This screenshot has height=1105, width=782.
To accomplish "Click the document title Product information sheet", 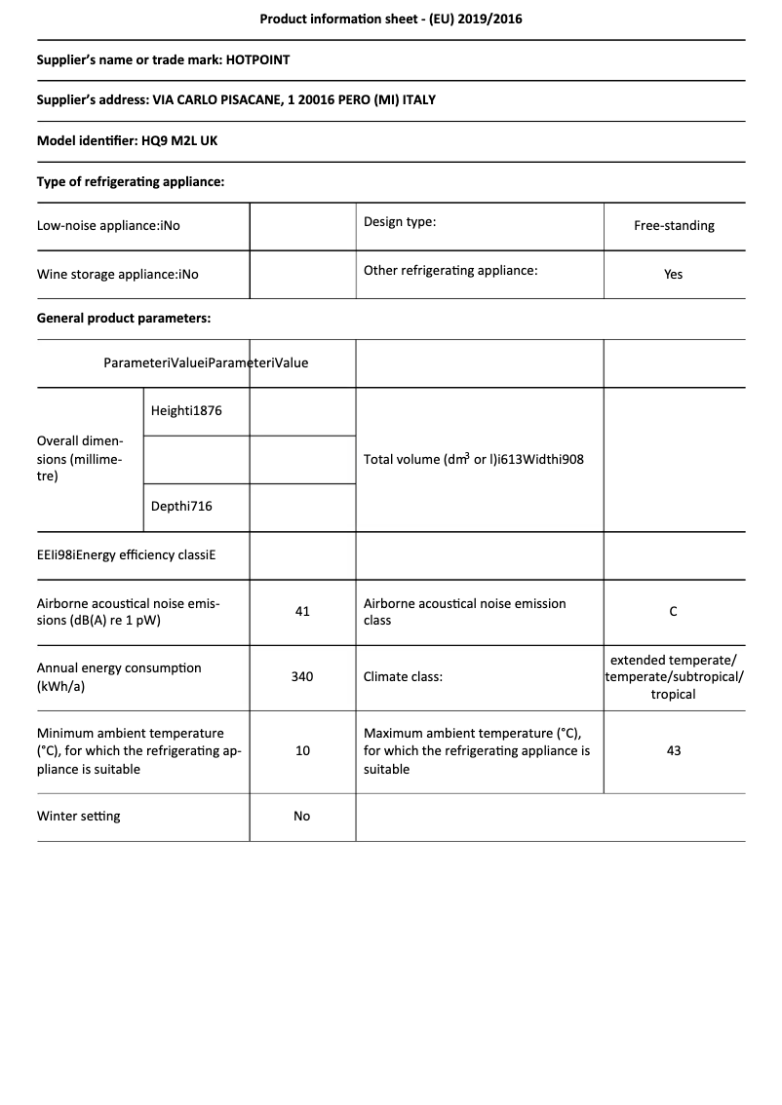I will click(x=390, y=19).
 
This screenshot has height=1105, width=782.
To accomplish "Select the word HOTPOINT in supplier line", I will click(x=257, y=59).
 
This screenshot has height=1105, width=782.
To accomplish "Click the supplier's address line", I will click(x=236, y=100).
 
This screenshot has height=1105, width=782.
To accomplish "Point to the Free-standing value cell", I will click(x=674, y=226).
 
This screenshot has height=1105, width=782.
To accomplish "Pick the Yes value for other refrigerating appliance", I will click(x=674, y=275).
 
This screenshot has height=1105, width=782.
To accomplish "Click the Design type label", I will click(x=400, y=222).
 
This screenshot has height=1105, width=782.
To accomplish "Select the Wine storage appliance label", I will click(x=117, y=275).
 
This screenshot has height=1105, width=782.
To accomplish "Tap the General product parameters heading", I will click(x=124, y=318).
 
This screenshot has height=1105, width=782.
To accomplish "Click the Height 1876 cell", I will click(x=186, y=411).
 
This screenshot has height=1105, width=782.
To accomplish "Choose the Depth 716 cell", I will click(x=181, y=507).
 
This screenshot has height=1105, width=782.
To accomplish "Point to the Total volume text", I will click(x=474, y=459).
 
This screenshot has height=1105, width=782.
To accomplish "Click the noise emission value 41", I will click(x=302, y=612).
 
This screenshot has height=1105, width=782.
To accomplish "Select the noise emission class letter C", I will click(x=674, y=612).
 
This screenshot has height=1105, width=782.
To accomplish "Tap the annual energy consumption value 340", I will click(x=302, y=676).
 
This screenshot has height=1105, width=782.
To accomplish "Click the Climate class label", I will click(x=403, y=676).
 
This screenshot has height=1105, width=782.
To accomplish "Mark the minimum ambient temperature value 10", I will click(x=302, y=751).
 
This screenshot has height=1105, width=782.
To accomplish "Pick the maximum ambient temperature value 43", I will click(x=674, y=751).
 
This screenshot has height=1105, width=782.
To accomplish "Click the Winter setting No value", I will click(x=302, y=817).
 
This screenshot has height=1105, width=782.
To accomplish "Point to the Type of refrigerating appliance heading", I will click(x=131, y=181).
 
